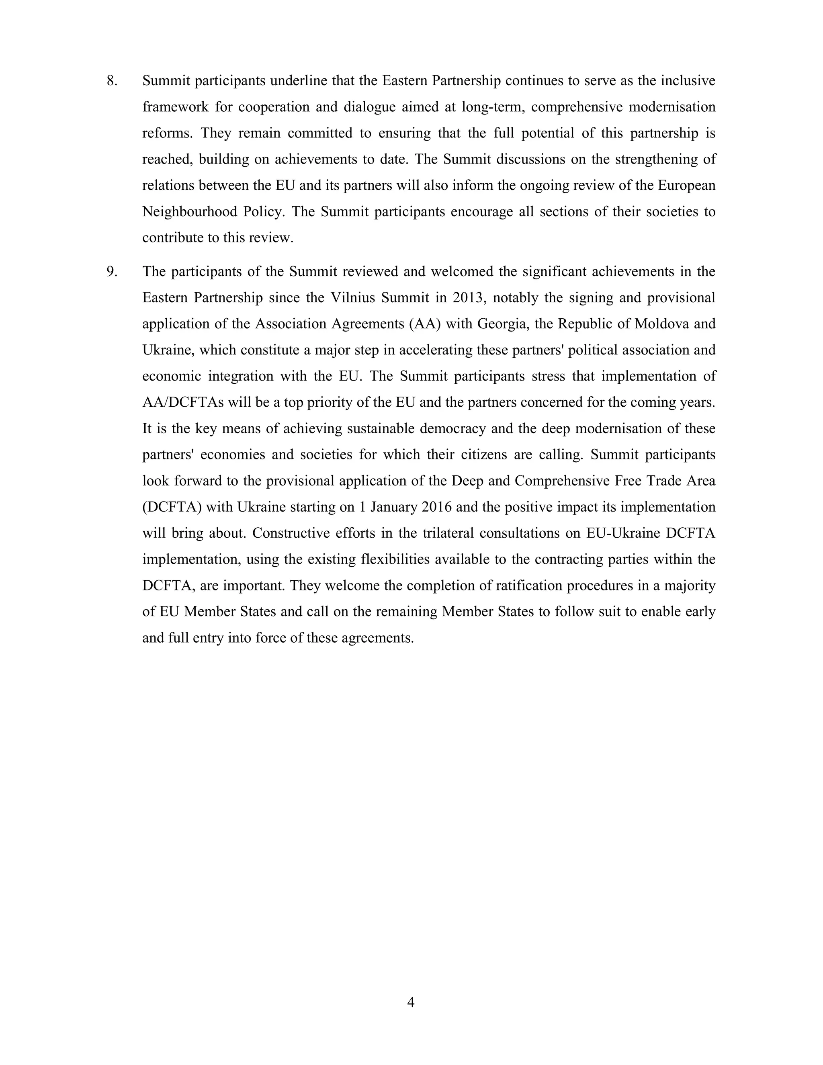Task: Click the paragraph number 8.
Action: coord(112,81)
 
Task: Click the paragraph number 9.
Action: coord(112,272)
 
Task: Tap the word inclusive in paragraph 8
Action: coord(688,81)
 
